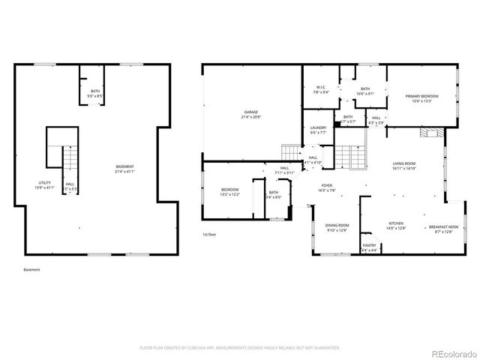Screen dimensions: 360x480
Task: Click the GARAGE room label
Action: click(250, 115)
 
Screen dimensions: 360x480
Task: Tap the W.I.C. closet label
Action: click(320, 90)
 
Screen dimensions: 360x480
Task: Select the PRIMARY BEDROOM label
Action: click(421, 98)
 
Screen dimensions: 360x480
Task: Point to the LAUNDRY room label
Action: click(318, 130)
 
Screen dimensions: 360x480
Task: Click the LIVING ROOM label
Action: click(403, 166)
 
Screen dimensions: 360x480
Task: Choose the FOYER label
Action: click(327, 187)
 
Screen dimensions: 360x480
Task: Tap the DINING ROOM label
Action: click(337, 228)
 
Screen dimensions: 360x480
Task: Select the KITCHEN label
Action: click(395, 225)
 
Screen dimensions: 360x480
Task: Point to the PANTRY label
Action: click(369, 247)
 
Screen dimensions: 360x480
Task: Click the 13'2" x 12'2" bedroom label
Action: click(229, 192)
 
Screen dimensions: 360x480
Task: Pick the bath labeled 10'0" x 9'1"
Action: click(364, 91)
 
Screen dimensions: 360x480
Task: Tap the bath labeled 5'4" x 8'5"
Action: click(274, 196)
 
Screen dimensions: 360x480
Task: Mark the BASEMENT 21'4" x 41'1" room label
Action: click(125, 169)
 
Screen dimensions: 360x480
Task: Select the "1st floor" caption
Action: click(209, 235)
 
